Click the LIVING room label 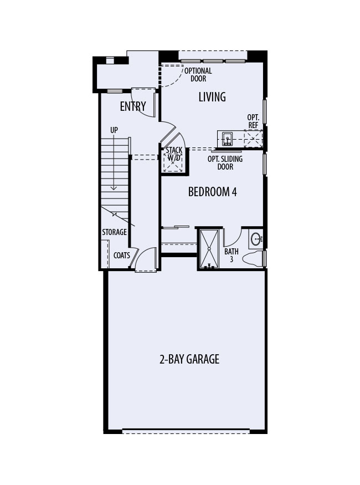[212, 97]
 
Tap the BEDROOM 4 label [213, 192]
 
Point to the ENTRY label [133, 106]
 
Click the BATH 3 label [232, 255]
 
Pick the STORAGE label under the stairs [114, 232]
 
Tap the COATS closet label [121, 256]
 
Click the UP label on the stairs [114, 130]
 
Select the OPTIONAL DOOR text [198, 75]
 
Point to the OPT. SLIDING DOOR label [224, 162]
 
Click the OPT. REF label [254, 121]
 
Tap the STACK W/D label [174, 154]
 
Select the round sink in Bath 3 [256, 239]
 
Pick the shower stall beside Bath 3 [209, 248]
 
